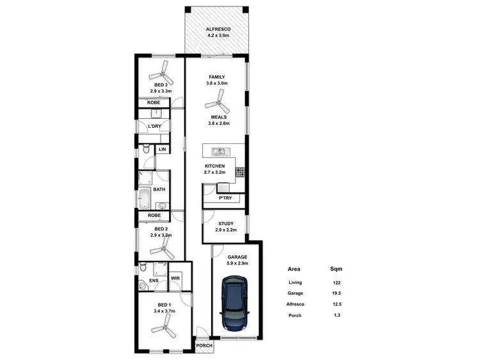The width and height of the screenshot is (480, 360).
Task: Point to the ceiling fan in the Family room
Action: (216, 100)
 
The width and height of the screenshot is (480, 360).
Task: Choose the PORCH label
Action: (204, 346)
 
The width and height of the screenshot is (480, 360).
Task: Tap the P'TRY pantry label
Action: (225, 198)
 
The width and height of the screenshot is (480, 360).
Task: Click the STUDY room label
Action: (226, 224)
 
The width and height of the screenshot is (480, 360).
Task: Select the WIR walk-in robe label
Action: (175, 278)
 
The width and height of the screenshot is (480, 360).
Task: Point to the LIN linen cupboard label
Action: (162, 150)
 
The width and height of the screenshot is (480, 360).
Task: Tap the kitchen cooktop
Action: (241, 171)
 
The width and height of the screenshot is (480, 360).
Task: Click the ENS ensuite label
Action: (154, 280)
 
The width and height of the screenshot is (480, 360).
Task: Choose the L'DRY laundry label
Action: (154, 126)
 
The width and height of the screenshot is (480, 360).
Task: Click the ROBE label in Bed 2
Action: (154, 215)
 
